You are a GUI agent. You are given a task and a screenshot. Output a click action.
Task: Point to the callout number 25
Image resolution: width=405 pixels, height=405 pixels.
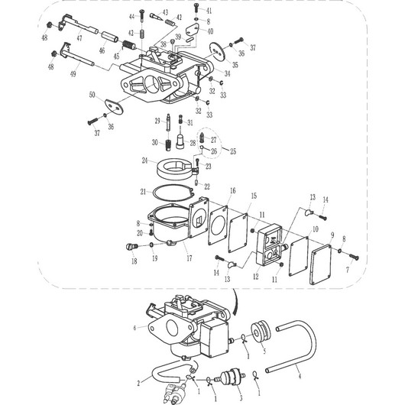234,151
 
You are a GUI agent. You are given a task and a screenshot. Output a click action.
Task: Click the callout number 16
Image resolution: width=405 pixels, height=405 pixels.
232,190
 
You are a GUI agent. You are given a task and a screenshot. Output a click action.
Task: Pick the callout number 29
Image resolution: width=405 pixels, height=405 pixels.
157,120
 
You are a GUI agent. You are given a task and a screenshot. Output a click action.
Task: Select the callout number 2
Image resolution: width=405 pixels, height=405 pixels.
138,381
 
